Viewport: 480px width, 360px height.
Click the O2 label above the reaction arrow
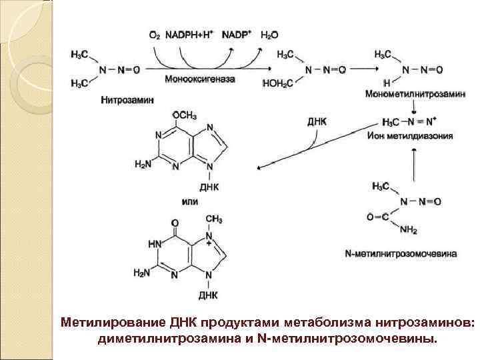(x=154, y=34)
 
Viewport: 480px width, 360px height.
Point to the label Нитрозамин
(x=127, y=99)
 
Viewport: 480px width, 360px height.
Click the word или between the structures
(x=189, y=201)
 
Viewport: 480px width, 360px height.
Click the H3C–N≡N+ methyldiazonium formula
(x=408, y=123)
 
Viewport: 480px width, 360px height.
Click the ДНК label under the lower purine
(x=207, y=294)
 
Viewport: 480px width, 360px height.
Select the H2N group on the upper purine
(x=143, y=165)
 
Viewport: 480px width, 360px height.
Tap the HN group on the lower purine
(x=155, y=245)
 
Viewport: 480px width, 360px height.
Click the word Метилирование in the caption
(x=100, y=323)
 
